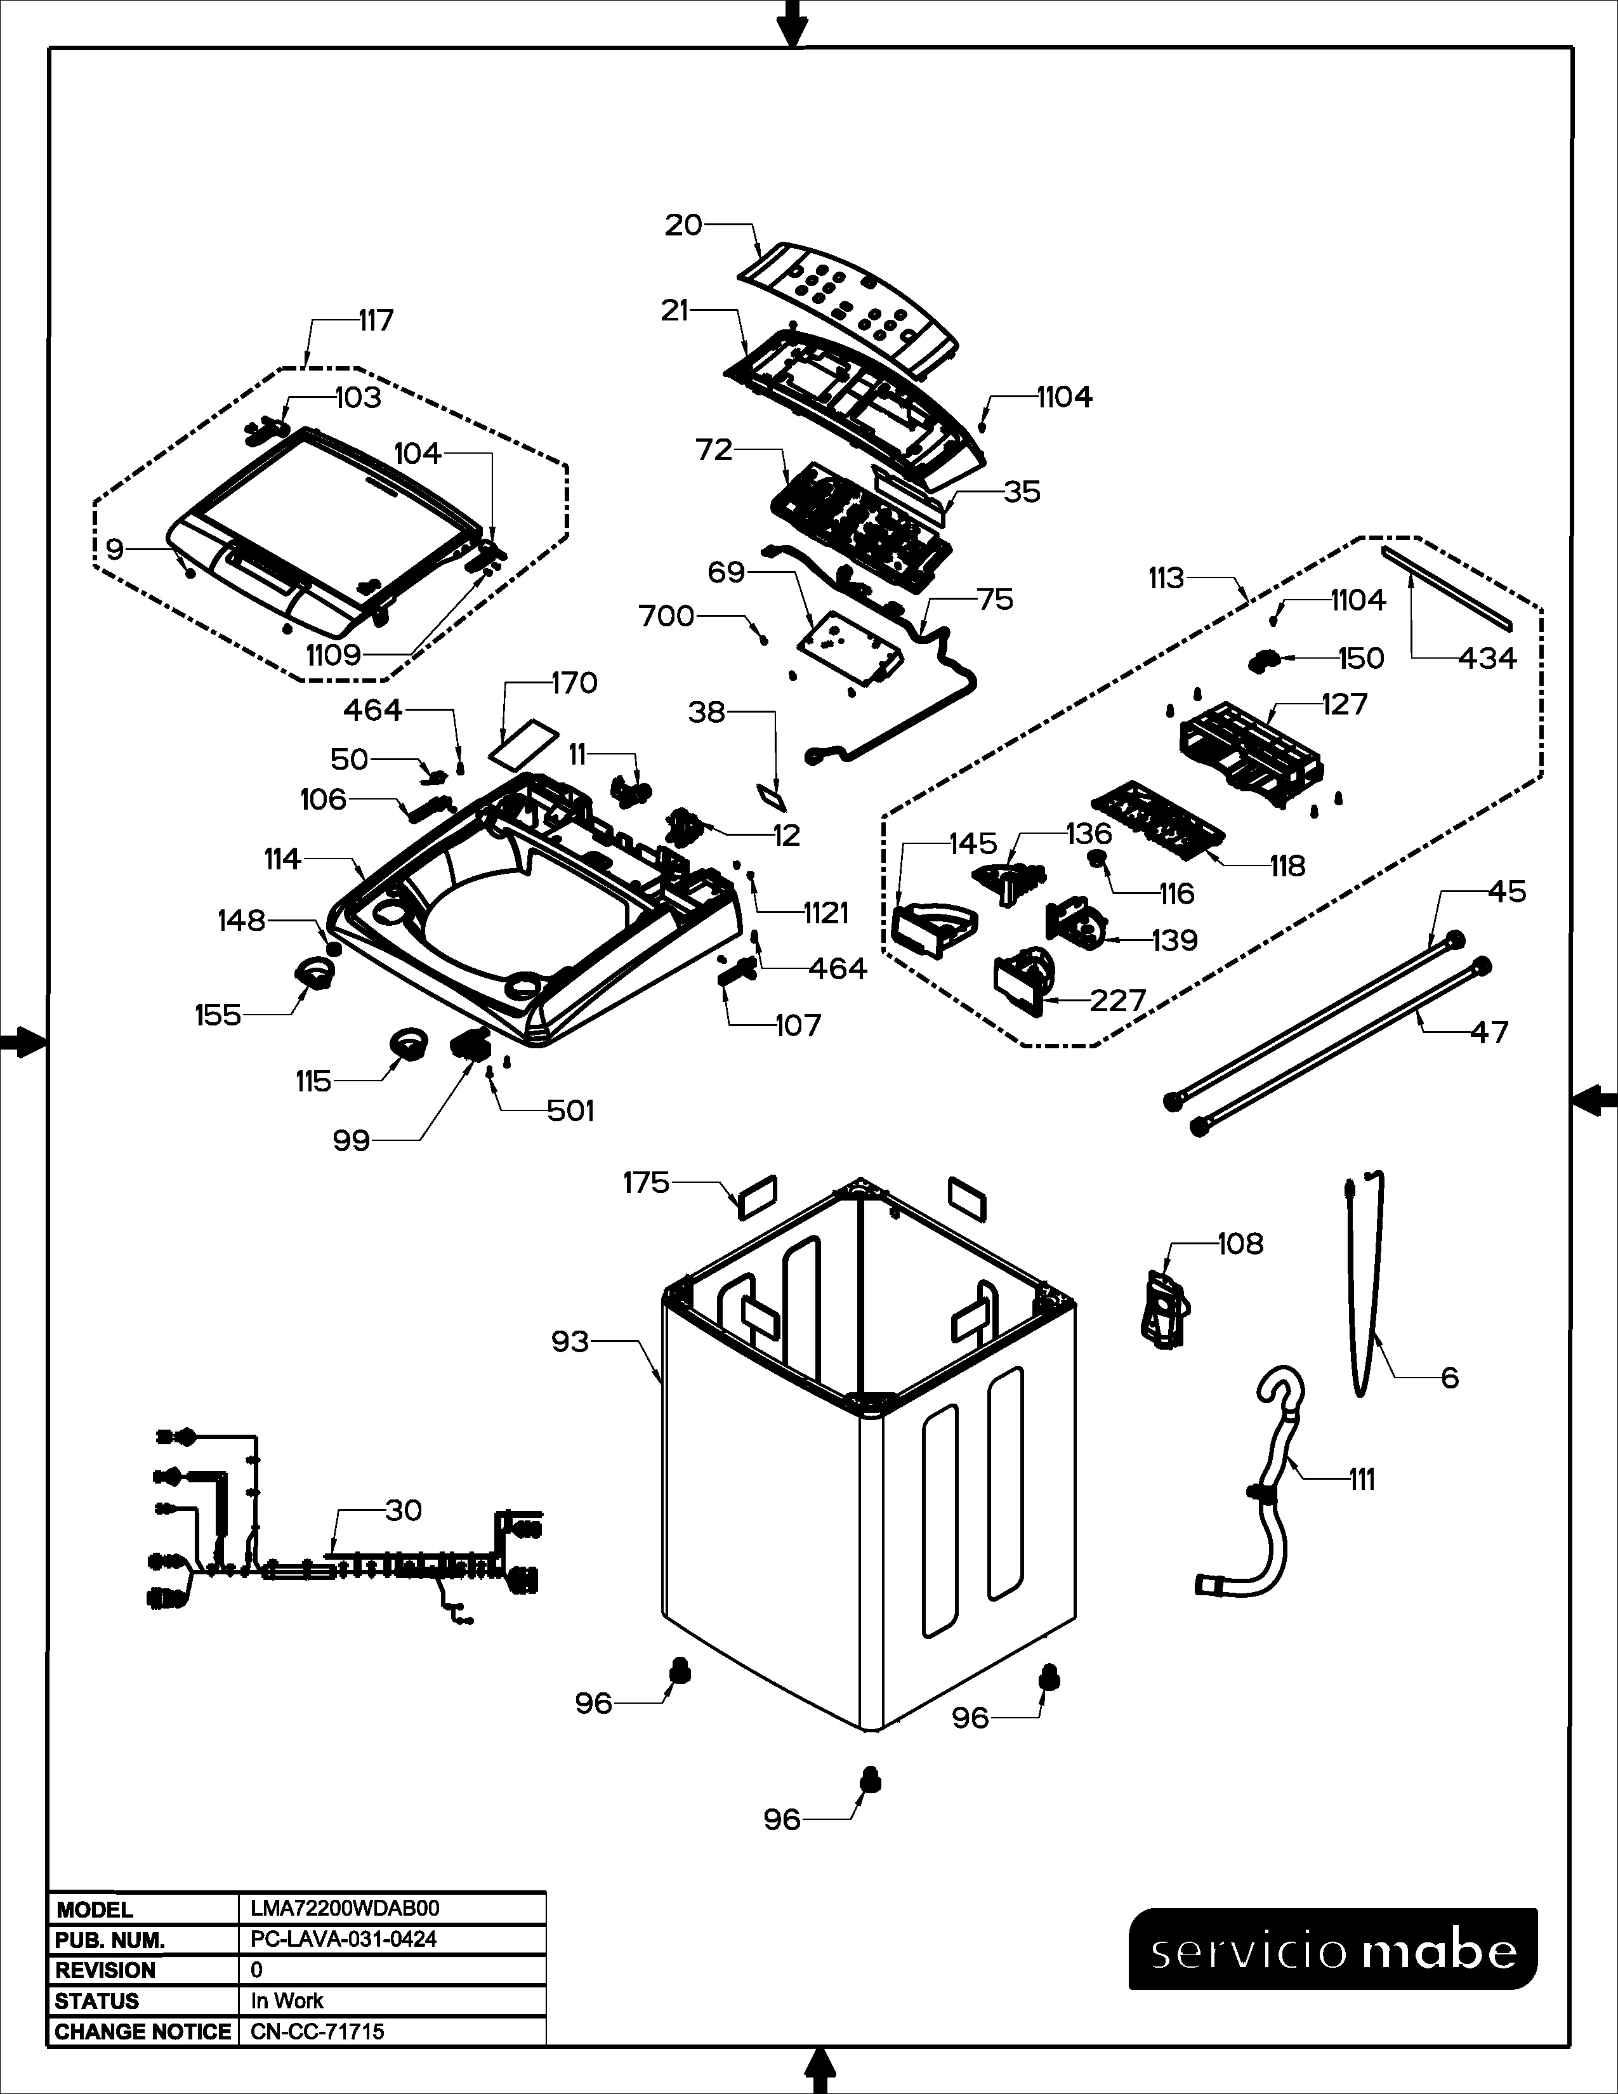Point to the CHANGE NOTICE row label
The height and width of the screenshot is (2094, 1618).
click(143, 2032)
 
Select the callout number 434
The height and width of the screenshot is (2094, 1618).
click(1487, 658)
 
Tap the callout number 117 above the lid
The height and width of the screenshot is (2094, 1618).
click(376, 320)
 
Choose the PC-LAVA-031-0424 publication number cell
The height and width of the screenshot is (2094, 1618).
click(343, 1940)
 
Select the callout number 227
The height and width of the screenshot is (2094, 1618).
click(1117, 1000)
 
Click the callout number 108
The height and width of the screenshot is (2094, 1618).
click(1240, 1244)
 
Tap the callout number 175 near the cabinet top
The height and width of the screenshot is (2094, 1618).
click(646, 1183)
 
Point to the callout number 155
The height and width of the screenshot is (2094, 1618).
click(218, 1015)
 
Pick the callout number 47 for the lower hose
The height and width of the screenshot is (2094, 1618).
click(1488, 1032)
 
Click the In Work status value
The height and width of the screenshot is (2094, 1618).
click(287, 2001)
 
